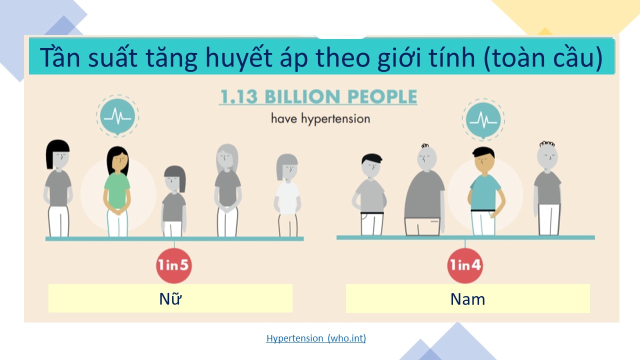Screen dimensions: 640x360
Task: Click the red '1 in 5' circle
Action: coord(174,265)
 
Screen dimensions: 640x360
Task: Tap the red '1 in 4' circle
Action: coord(465,265)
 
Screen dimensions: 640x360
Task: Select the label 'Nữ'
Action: coord(170,298)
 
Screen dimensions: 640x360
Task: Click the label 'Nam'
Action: coord(467,299)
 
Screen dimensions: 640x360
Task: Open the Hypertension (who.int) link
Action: coord(316,338)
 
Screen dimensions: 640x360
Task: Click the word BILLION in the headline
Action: coord(302,96)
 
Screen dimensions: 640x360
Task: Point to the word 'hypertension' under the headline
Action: coord(335,119)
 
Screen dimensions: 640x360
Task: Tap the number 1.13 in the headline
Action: coord(239,96)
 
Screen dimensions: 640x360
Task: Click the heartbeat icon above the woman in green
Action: coord(117,116)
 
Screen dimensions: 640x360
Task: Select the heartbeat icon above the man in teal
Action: coord(483,119)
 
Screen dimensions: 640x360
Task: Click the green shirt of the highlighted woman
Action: coord(117,190)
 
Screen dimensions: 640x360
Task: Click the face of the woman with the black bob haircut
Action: coord(61,159)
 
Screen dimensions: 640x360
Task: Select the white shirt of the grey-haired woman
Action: coord(287,197)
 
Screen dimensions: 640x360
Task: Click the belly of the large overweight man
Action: coord(423,197)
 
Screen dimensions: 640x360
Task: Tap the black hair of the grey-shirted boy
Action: coord(371,158)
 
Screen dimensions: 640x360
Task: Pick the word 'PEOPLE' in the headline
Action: coord(382,96)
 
